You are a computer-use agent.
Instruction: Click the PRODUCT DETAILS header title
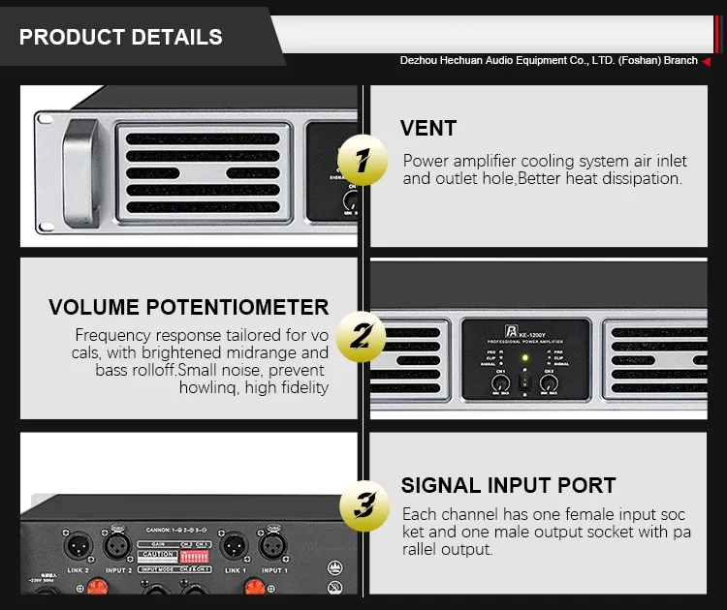(x=121, y=38)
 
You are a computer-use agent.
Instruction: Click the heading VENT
(x=427, y=129)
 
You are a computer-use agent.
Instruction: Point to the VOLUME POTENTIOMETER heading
(x=189, y=308)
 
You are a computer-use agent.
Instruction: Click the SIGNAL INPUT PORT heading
(x=508, y=486)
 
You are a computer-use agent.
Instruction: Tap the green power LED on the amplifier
(x=523, y=358)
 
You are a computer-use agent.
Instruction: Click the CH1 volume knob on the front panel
(x=499, y=384)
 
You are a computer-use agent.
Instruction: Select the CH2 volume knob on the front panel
(x=549, y=384)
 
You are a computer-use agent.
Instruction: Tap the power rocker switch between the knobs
(x=523, y=383)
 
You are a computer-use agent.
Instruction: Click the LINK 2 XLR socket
(x=77, y=547)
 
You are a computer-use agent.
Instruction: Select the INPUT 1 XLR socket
(x=272, y=547)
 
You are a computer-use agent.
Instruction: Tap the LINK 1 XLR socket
(x=233, y=547)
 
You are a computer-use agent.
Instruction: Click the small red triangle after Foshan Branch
(x=707, y=61)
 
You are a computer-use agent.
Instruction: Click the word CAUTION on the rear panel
(x=158, y=556)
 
